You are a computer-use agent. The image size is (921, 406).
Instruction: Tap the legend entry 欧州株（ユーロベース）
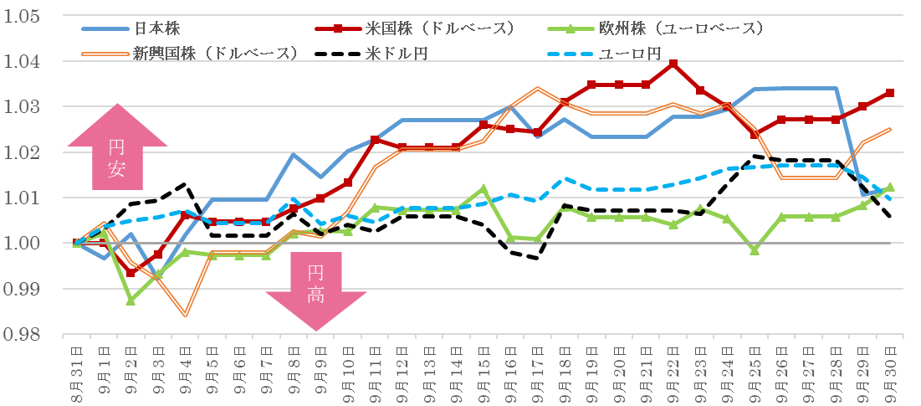click(680, 28)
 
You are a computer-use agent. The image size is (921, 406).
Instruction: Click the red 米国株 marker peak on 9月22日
click(673, 64)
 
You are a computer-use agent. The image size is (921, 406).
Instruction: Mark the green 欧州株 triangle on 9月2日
click(131, 300)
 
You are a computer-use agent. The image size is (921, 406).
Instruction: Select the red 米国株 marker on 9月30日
click(889, 93)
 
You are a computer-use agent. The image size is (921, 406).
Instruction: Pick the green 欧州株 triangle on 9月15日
click(484, 189)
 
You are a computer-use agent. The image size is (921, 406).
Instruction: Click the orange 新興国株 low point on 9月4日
click(185, 316)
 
